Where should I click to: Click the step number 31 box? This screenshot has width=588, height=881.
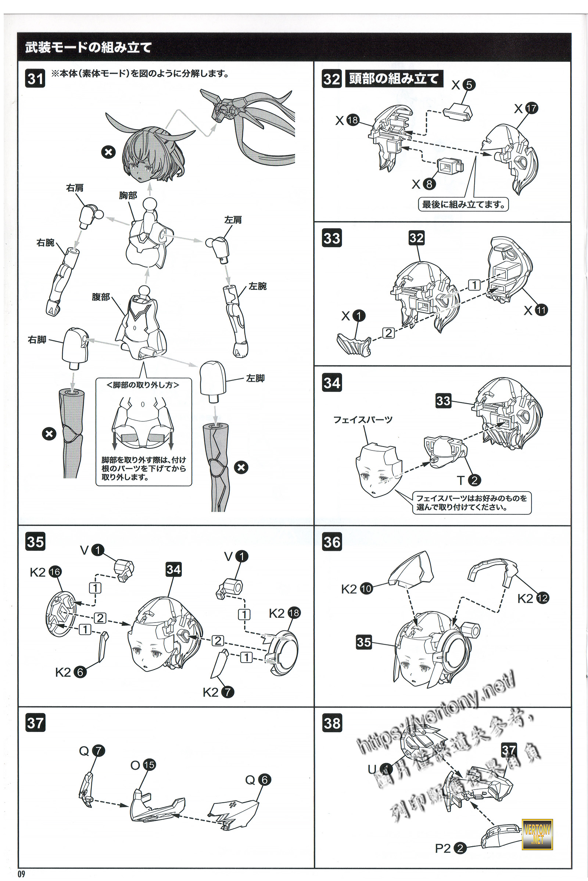click(35, 79)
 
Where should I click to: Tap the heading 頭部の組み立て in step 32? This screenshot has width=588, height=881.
click(394, 79)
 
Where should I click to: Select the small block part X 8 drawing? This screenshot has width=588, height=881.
click(450, 165)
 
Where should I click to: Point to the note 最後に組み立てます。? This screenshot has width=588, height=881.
click(463, 204)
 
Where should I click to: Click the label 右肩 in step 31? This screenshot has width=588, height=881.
click(75, 188)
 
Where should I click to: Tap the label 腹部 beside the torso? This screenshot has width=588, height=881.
click(101, 297)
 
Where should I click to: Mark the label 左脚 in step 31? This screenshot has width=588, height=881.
click(255, 378)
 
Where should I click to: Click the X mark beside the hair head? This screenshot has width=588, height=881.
click(108, 152)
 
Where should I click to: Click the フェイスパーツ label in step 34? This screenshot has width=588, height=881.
click(363, 420)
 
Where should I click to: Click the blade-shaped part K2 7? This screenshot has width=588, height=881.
click(220, 663)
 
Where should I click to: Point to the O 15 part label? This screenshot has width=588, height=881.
click(143, 765)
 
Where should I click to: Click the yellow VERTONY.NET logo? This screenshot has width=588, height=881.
click(537, 834)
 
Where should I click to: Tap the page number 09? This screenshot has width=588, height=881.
click(21, 874)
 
